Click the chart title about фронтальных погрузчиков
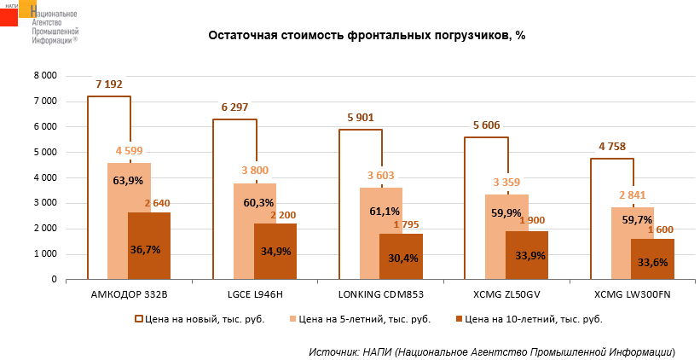[367, 37]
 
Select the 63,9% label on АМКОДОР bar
[128, 181]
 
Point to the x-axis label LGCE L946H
[254, 295]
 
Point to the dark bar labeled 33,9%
[526, 255]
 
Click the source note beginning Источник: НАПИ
[492, 351]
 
